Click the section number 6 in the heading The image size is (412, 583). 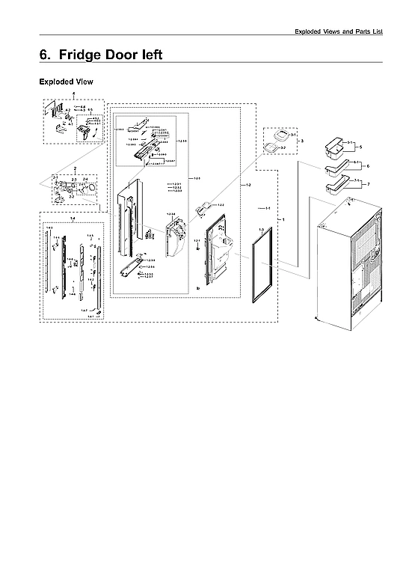(45, 55)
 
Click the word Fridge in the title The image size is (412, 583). (84, 55)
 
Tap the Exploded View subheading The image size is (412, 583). (66, 82)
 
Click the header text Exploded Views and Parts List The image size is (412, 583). (338, 31)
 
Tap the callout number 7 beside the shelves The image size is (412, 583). (368, 183)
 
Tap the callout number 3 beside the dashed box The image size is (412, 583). (301, 141)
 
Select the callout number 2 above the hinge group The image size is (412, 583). (74, 168)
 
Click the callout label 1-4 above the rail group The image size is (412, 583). (73, 218)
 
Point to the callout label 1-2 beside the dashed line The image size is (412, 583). (248, 184)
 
